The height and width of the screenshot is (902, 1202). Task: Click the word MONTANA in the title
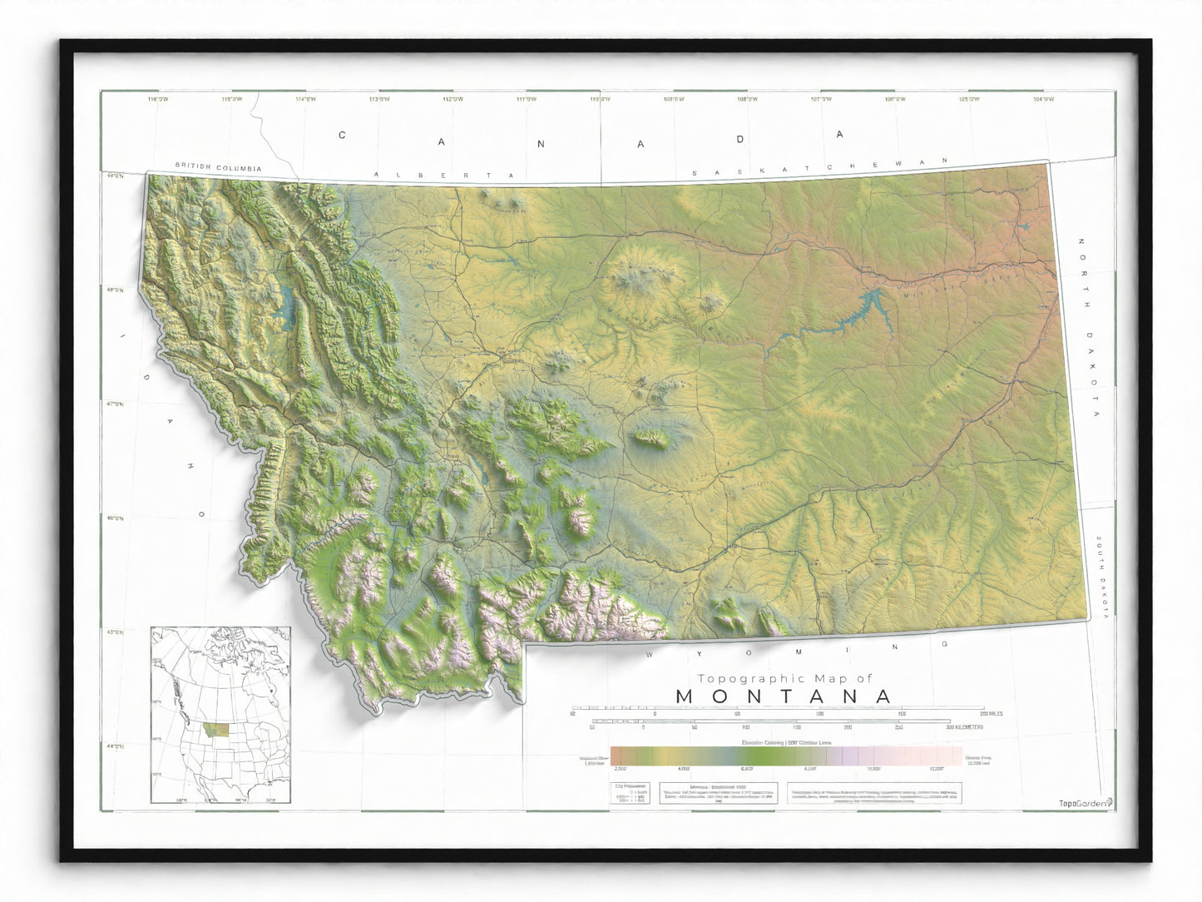point(784,696)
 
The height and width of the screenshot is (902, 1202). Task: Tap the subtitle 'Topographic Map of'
point(784,678)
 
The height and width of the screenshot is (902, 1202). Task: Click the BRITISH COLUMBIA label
point(218,168)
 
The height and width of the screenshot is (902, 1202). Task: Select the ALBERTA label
point(444,175)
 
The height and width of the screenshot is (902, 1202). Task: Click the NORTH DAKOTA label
point(1089,328)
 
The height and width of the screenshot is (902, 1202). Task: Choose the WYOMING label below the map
point(797,650)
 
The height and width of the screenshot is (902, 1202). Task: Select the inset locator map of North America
point(220,715)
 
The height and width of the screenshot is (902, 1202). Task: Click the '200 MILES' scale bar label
point(991,713)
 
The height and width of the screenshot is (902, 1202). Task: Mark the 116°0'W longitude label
point(157,100)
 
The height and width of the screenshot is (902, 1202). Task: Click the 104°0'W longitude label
point(1042,100)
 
